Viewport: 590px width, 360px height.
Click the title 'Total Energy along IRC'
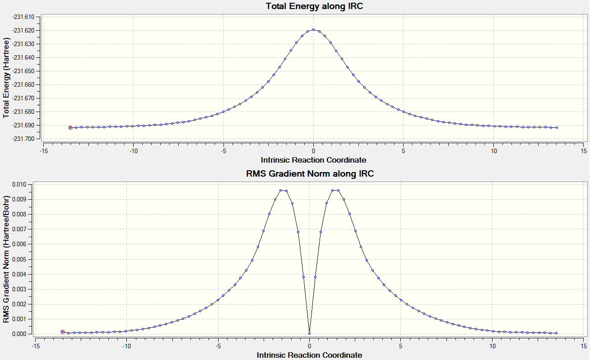click(314, 6)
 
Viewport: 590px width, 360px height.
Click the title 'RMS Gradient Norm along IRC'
click(310, 173)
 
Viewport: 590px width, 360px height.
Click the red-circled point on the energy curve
click(70, 128)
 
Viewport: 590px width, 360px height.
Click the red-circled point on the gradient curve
click(63, 332)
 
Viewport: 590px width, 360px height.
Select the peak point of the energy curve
click(313, 29)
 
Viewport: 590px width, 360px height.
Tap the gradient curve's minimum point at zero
click(310, 334)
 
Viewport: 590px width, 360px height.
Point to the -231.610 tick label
click(23, 17)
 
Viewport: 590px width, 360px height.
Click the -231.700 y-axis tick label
click(23, 139)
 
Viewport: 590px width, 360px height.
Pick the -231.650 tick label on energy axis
click(23, 71)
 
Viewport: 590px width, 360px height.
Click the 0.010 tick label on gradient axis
click(19, 184)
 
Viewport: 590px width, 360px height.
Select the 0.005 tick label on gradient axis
click(19, 259)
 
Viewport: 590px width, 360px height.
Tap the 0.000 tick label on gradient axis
click(19, 334)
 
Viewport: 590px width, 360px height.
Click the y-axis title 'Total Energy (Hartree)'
click(6, 78)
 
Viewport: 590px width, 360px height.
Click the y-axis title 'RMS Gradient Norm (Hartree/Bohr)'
click(6, 259)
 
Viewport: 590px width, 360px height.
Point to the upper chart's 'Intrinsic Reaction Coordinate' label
click(313, 160)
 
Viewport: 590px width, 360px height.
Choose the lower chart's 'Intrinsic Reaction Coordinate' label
click(310, 355)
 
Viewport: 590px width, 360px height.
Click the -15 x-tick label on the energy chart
click(43, 151)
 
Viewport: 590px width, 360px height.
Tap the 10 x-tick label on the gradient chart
click(492, 346)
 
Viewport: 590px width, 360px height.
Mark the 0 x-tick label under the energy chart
click(313, 151)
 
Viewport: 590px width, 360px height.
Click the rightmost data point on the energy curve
click(557, 127)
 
